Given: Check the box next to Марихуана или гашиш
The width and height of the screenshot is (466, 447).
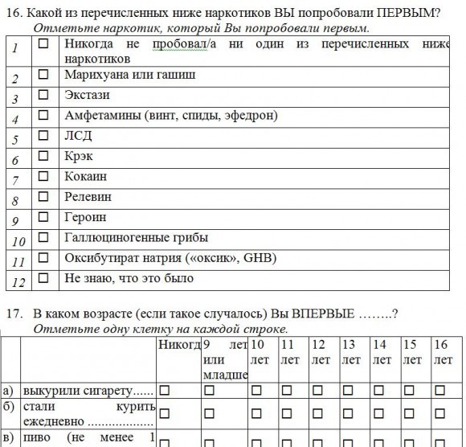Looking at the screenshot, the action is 43,76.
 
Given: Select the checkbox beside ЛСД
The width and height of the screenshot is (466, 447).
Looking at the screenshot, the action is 43,137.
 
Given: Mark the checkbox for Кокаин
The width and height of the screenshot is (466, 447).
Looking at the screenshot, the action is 43,177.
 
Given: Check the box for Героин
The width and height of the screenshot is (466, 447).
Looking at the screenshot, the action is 43,217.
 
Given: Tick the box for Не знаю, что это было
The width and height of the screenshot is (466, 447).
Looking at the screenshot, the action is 43,278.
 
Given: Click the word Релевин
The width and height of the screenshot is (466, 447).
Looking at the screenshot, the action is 88,196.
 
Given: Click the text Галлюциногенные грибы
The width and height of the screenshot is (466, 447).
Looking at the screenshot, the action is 136,237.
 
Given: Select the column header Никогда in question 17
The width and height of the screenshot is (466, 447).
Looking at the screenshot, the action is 179,345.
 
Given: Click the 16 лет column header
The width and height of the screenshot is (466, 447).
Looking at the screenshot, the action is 442,352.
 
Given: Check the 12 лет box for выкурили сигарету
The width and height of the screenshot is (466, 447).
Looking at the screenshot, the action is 318,390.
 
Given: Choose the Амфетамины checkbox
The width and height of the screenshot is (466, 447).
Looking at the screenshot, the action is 43,116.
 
